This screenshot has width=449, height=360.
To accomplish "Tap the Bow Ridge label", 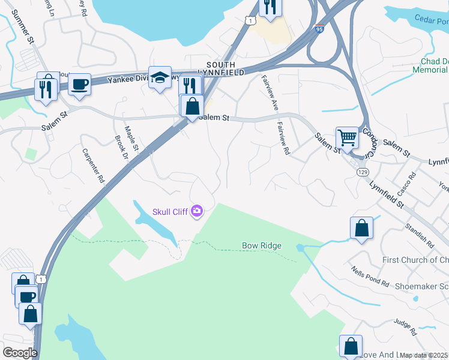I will click(x=262, y=245).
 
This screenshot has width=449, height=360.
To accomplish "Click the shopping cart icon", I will click(x=347, y=138).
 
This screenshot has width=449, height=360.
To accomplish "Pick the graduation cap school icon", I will click(x=160, y=77).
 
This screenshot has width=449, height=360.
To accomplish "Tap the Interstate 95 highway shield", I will click(x=319, y=28).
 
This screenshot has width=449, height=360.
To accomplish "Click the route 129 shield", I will click(x=362, y=172).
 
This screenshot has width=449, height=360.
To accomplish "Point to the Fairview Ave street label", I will click(x=269, y=93).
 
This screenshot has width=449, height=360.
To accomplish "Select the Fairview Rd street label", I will click(x=283, y=140).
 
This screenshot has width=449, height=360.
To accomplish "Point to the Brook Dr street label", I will click(x=122, y=149).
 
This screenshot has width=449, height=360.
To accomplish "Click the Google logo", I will click(x=20, y=353).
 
